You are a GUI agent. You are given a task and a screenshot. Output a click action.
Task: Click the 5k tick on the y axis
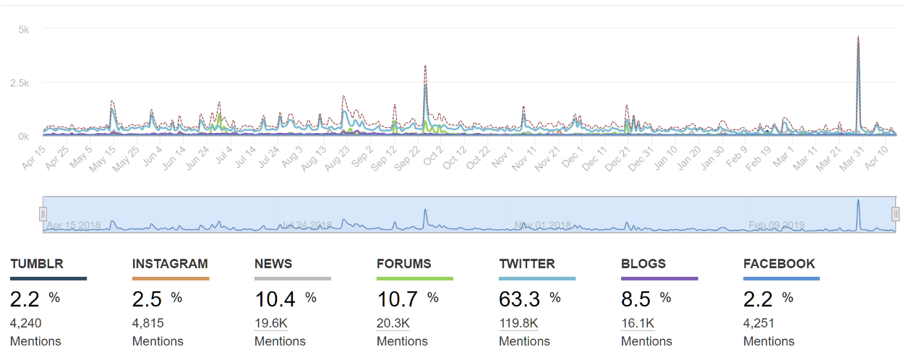(x=23, y=30)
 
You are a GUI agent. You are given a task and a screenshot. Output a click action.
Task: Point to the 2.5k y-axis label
(x=20, y=83)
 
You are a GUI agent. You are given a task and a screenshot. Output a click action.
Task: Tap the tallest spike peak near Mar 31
(x=857, y=37)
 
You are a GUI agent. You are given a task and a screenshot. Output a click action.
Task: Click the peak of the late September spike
(x=425, y=67)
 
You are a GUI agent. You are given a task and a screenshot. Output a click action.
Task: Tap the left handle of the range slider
(x=43, y=214)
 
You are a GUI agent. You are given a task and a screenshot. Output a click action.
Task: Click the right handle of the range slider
(x=895, y=214)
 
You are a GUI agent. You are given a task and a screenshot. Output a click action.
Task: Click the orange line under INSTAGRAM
(x=171, y=278)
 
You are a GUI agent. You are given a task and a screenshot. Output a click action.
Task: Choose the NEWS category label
(x=273, y=264)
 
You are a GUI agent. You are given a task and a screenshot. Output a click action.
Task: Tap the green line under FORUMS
(x=415, y=278)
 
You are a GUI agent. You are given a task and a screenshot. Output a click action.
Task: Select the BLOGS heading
(x=643, y=264)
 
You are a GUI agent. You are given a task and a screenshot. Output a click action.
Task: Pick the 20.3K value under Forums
(x=393, y=323)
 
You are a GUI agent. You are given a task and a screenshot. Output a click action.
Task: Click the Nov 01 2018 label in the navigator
(x=542, y=226)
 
